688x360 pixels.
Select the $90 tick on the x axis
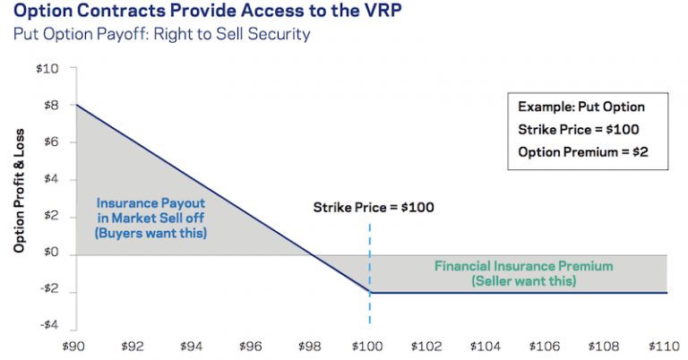click(x=76, y=345)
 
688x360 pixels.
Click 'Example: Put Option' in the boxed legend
click(x=580, y=107)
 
